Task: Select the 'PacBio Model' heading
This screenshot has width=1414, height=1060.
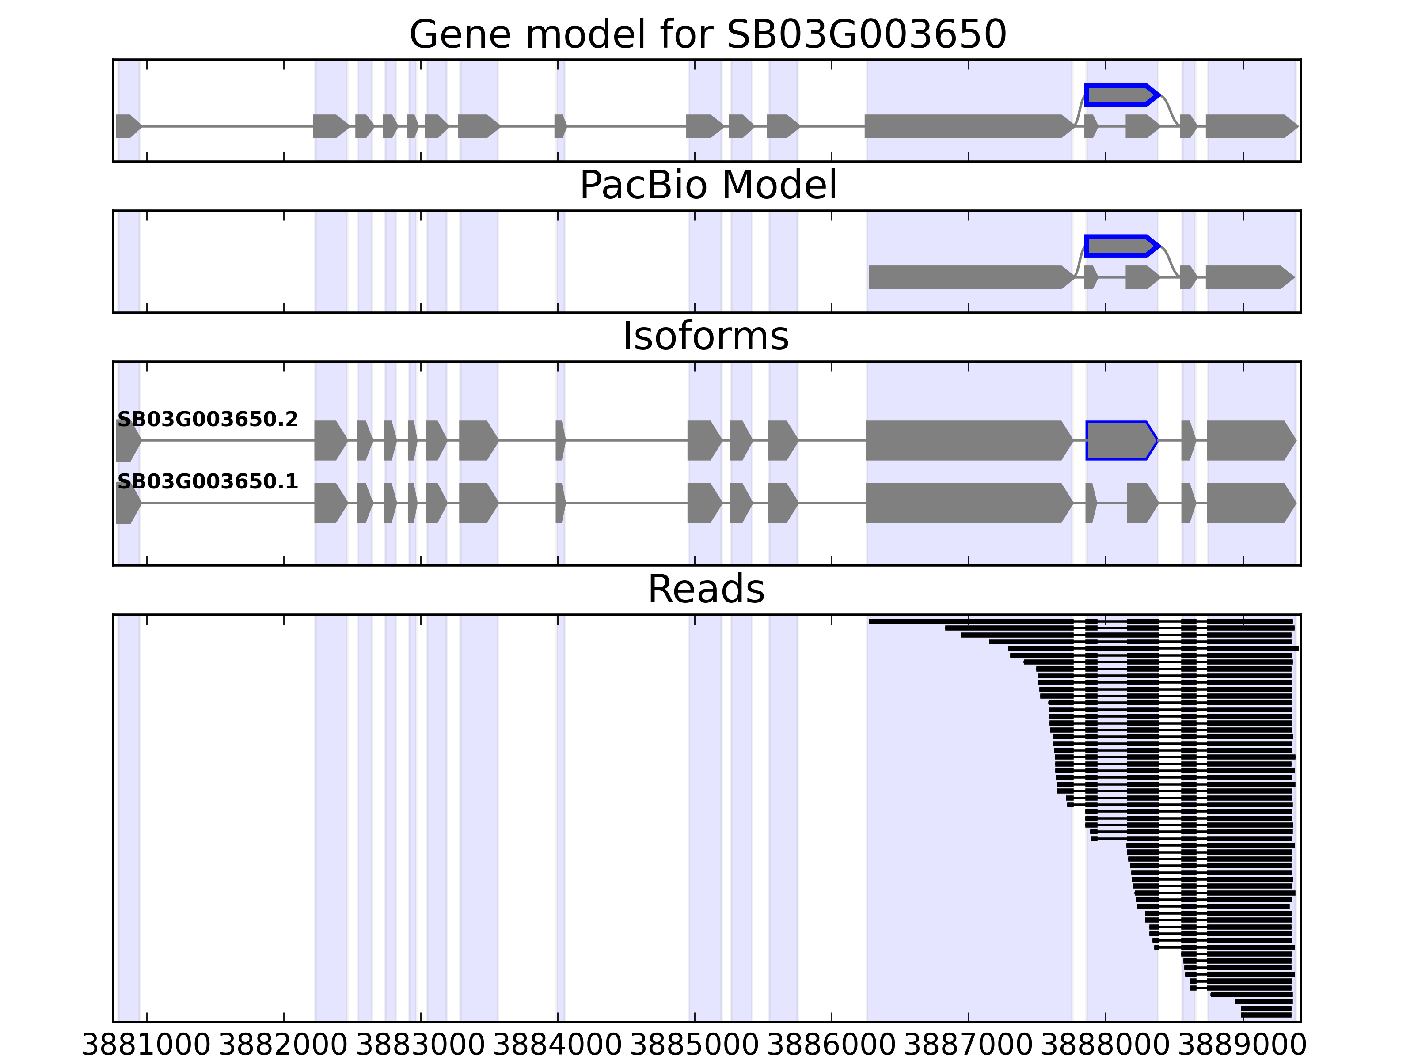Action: click(x=707, y=185)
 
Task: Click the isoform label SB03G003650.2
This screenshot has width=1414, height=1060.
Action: click(x=208, y=420)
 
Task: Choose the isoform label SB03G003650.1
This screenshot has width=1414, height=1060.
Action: click(x=208, y=482)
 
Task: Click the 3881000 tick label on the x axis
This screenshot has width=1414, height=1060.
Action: click(x=146, y=1045)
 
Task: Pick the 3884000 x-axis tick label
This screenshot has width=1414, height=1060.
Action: click(x=557, y=1045)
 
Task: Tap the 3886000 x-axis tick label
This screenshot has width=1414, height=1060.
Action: click(x=831, y=1045)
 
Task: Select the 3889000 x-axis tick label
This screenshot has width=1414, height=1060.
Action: click(x=1242, y=1045)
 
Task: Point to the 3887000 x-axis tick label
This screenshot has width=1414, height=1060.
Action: click(x=969, y=1045)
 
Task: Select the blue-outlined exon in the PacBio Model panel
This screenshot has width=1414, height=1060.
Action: click(x=1121, y=246)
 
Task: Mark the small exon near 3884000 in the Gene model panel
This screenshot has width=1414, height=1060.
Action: click(x=560, y=126)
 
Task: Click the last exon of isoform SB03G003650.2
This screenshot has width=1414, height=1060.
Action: click(x=1250, y=440)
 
